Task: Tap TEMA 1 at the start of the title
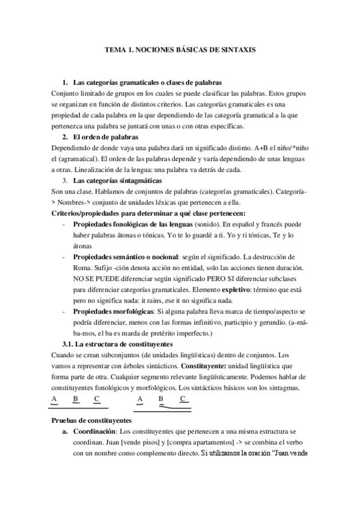point(119,51)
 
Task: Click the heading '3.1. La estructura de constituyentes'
point(117,344)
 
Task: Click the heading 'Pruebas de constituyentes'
point(95,421)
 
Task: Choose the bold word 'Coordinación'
point(94,432)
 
